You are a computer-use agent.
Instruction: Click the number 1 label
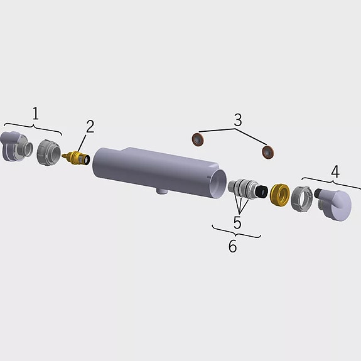click(x=36, y=114)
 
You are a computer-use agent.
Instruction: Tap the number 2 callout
click(x=90, y=127)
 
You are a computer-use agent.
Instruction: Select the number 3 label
click(x=237, y=119)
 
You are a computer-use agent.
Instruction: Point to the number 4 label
click(x=335, y=171)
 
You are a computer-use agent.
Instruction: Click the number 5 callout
click(x=237, y=222)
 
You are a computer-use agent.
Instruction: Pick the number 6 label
click(x=232, y=246)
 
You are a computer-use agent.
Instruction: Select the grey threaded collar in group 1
click(x=48, y=151)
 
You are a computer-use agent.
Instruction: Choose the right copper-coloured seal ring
click(x=269, y=151)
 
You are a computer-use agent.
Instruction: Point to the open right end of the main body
click(x=218, y=186)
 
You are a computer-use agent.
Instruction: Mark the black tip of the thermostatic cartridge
click(x=257, y=191)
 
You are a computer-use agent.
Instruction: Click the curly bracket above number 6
click(x=236, y=234)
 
